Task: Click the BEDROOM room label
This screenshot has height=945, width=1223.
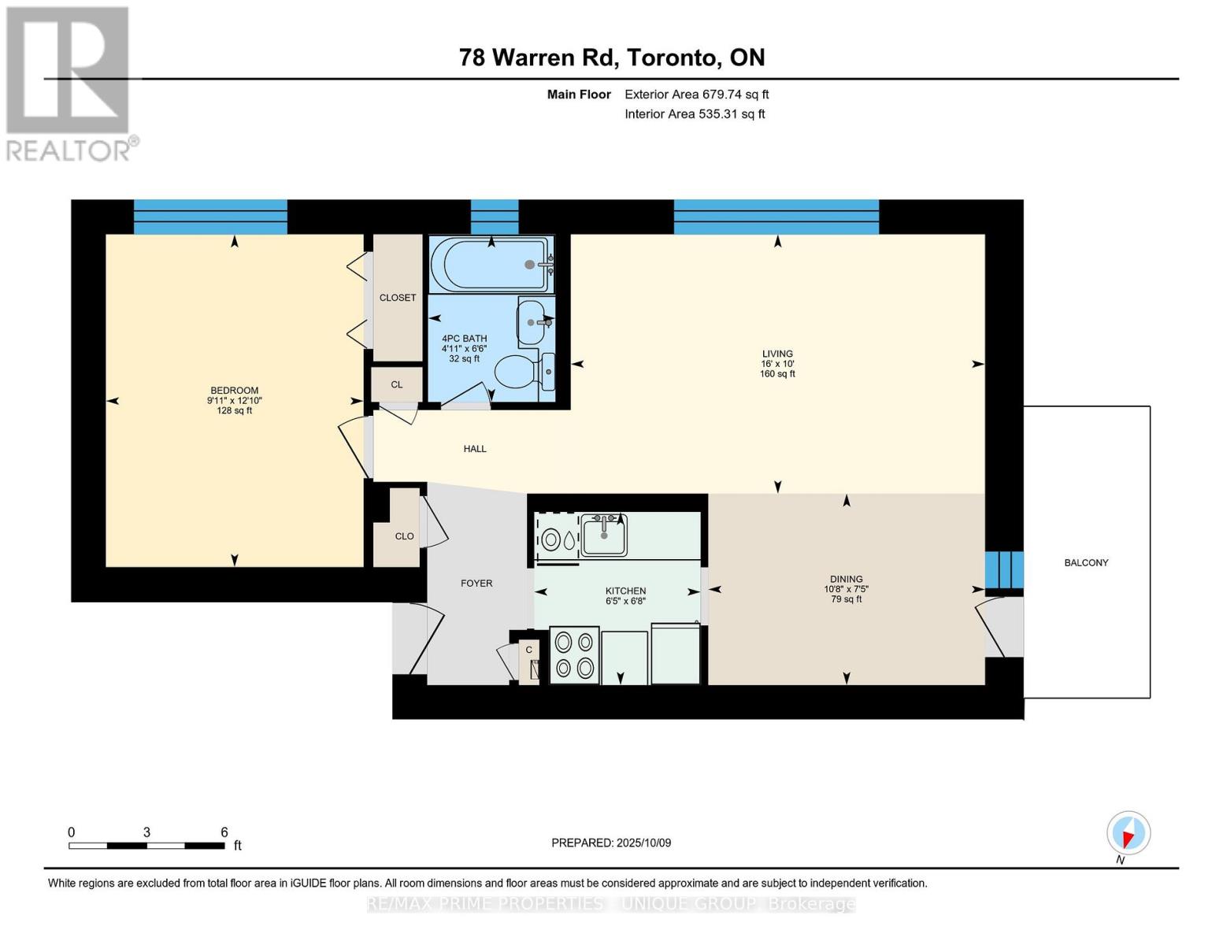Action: click(234, 391)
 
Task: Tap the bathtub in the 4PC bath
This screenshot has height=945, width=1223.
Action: click(491, 265)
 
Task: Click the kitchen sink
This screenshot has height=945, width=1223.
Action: click(603, 536)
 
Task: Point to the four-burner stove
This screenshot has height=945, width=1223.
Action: click(574, 655)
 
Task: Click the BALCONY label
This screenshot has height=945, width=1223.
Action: click(1086, 563)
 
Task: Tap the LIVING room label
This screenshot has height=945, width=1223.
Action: click(776, 354)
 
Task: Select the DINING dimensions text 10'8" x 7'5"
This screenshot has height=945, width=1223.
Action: click(846, 589)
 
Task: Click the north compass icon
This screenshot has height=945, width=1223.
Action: click(1128, 833)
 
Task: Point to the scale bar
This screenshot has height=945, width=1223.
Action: click(146, 846)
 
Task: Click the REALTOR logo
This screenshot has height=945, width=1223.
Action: click(69, 83)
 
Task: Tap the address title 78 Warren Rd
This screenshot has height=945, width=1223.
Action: click(611, 57)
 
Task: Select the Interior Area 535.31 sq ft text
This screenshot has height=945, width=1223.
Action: click(695, 114)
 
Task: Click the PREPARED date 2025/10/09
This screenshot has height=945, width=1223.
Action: click(611, 843)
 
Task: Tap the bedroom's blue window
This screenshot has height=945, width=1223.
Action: click(210, 217)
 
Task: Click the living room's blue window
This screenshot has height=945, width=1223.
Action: click(776, 217)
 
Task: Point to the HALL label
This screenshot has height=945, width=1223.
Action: click(475, 449)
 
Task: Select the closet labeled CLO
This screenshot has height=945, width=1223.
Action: click(404, 536)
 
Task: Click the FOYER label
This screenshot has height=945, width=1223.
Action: click(476, 584)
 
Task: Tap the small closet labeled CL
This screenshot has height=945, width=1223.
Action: click(397, 384)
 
